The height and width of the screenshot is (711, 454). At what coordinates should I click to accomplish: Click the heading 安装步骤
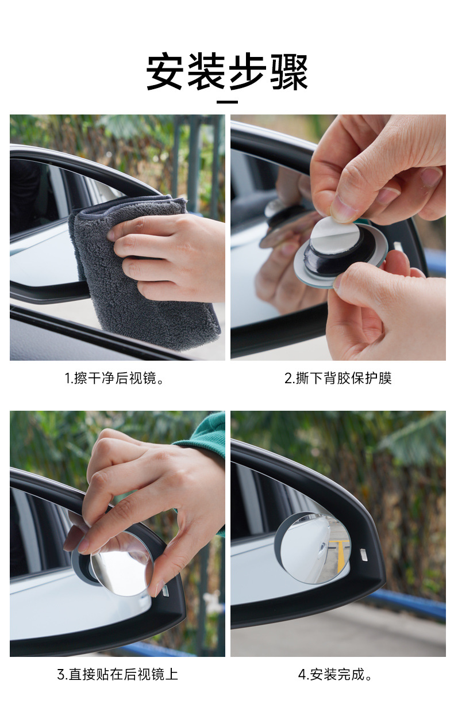click(x=227, y=72)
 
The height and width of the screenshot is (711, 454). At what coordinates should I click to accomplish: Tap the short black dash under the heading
click(x=227, y=102)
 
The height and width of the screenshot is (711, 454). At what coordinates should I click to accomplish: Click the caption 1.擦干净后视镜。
click(x=114, y=378)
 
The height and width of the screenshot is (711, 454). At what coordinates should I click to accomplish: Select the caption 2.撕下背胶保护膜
click(x=338, y=378)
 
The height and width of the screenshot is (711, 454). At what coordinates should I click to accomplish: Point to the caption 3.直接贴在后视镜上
click(x=117, y=674)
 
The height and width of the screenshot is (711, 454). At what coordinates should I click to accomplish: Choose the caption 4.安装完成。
click(x=335, y=674)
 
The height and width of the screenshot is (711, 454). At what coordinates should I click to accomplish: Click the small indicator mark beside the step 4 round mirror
click(x=364, y=554)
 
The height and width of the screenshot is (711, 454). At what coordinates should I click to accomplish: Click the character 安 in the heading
click(x=164, y=72)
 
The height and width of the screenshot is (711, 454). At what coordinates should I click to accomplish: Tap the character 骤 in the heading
click(x=289, y=72)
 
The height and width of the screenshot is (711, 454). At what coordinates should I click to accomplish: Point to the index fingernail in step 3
click(x=84, y=546)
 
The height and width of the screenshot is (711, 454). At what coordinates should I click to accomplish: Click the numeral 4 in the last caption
click(x=302, y=675)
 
